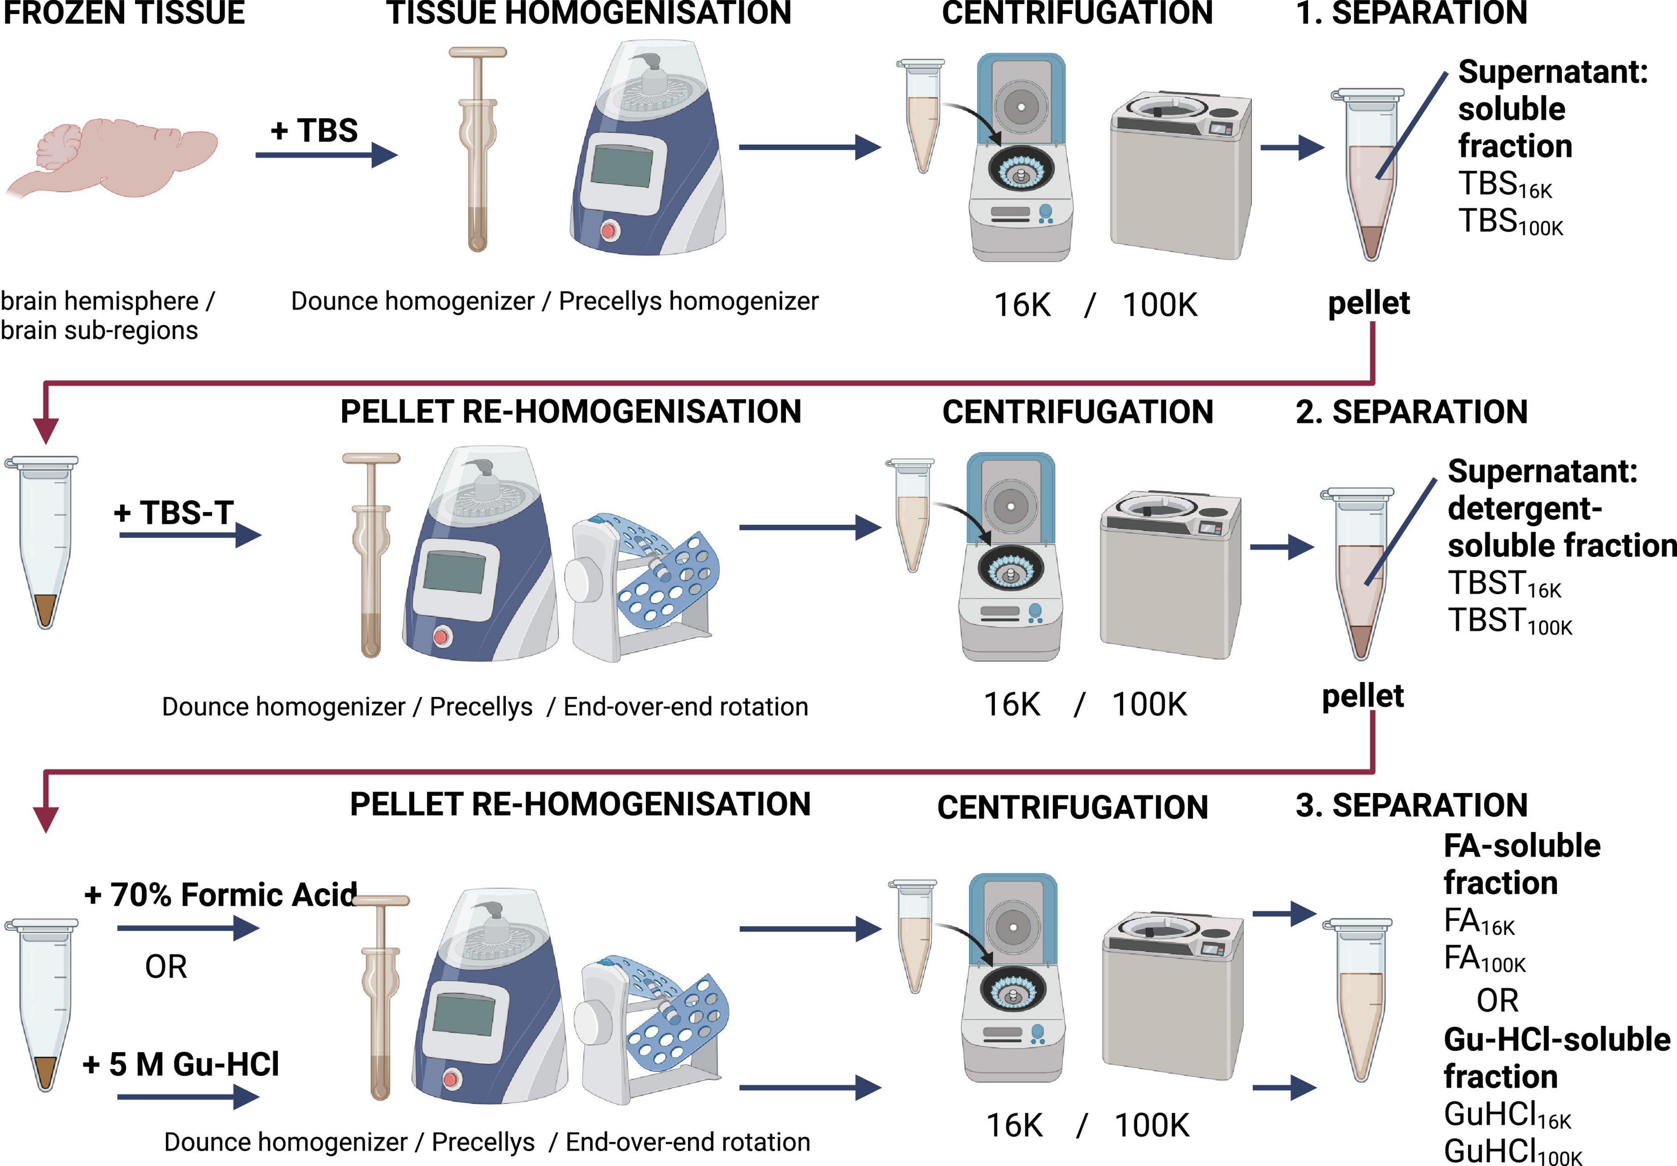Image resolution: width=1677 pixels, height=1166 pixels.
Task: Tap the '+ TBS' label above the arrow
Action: click(314, 131)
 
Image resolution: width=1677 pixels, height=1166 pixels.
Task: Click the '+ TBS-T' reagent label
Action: click(174, 513)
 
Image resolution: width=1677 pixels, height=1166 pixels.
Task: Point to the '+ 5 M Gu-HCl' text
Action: click(181, 1065)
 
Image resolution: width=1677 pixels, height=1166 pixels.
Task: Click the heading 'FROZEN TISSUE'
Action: click(124, 13)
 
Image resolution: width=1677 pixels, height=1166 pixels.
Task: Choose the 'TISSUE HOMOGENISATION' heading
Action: click(589, 13)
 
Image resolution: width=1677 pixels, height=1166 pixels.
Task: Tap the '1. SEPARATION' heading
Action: click(1411, 13)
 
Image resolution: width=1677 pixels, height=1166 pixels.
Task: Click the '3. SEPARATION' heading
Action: click(1411, 805)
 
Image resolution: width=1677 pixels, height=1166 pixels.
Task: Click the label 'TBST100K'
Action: click(1510, 621)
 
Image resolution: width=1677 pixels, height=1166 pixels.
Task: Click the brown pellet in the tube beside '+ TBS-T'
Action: click(45, 610)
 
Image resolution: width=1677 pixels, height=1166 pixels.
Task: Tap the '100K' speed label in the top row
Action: click(1160, 305)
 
